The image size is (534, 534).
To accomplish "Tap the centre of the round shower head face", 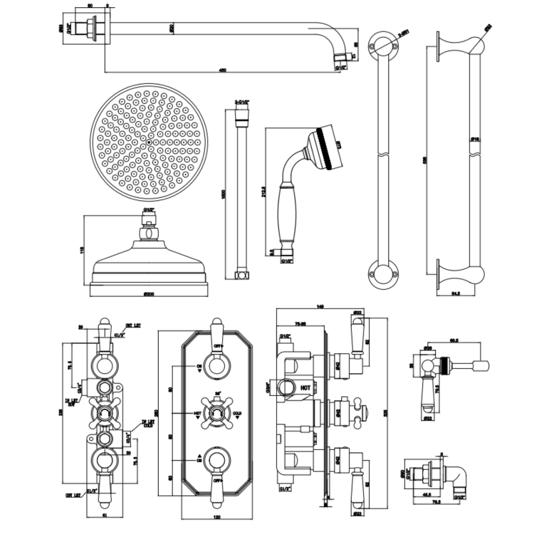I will pyautogui.click(x=147, y=142).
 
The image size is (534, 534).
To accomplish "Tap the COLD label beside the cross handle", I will pyautogui.click(x=238, y=413).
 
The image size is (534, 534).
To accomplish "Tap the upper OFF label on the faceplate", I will pyautogui.click(x=219, y=348).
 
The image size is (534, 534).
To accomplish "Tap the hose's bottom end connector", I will pyautogui.click(x=241, y=273).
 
